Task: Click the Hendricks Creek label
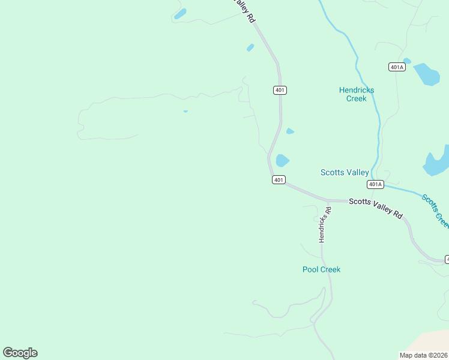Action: point(357,94)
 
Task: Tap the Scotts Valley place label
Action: point(345,172)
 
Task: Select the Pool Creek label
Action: point(321,269)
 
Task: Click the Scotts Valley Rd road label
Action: point(376,207)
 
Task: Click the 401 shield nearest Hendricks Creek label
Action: point(280,90)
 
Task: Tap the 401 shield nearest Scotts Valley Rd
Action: point(278,179)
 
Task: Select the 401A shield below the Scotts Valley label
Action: point(375,184)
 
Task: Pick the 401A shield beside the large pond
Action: point(397,67)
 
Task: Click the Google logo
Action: point(20,352)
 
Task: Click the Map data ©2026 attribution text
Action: point(423,355)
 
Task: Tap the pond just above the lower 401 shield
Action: point(282,160)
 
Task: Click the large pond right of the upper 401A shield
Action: point(427,74)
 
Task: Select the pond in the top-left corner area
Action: point(180,13)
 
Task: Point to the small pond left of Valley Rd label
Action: point(250,47)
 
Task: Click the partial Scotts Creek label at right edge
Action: point(436,209)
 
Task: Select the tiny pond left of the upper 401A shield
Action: point(407,61)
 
